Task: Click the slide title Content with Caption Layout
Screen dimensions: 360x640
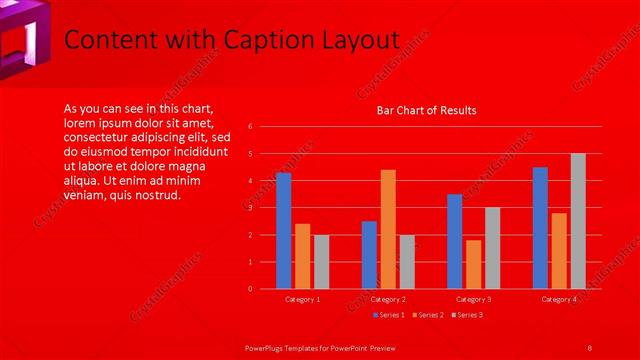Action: [x=231, y=40]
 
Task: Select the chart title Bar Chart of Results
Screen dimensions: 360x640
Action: [x=426, y=110]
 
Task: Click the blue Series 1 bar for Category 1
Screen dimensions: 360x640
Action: [x=283, y=231]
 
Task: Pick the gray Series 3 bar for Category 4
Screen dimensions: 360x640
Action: [x=578, y=221]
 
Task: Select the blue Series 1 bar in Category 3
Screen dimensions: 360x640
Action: [x=455, y=241]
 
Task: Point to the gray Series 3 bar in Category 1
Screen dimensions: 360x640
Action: [x=321, y=262]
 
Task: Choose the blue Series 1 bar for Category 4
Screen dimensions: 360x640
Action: [x=540, y=228]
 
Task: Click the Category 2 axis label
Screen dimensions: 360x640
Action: [x=388, y=299]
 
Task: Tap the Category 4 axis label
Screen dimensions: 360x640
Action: [x=559, y=299]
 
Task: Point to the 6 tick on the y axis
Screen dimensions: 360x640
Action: [x=264, y=127]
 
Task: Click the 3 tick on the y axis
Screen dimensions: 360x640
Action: [x=264, y=208]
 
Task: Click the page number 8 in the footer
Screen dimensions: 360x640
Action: [x=590, y=347]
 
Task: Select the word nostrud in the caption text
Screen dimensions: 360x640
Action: [x=157, y=195]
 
